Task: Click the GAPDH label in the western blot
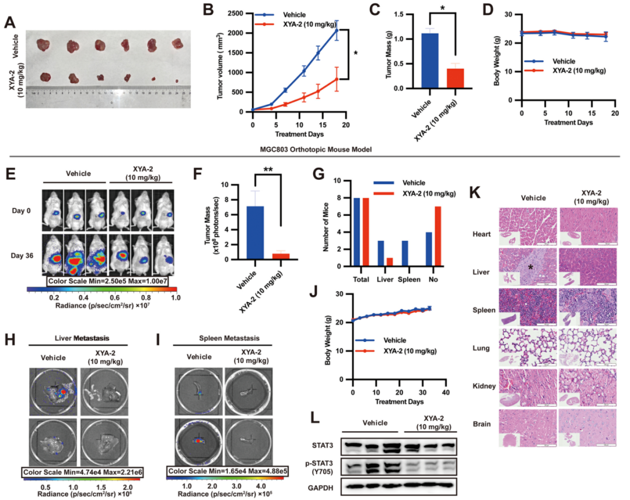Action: pyautogui.click(x=321, y=485)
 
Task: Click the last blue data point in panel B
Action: pyautogui.click(x=336, y=30)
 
